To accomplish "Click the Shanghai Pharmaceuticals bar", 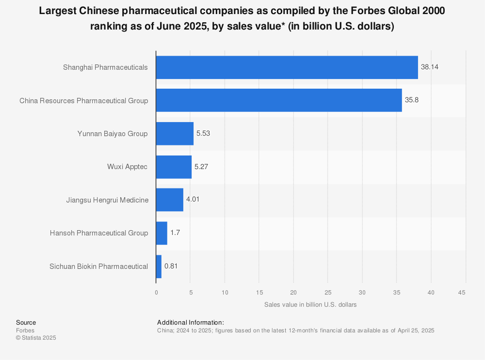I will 287,67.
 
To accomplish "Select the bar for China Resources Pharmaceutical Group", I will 279,100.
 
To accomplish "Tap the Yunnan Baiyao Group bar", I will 175,134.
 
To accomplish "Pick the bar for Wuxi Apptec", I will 174,167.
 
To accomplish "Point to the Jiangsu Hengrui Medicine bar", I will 170,200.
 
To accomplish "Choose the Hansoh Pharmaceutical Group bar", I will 162,233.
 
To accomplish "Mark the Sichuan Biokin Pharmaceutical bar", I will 159,266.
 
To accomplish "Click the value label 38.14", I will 430,67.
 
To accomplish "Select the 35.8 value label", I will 412,100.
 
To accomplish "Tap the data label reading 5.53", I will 204,134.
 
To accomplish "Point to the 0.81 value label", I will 172,266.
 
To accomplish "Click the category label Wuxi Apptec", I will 128,167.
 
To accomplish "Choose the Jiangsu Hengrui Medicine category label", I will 107,200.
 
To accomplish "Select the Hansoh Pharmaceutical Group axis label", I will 99,233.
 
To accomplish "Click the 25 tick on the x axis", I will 327,292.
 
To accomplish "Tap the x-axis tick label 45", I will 462,292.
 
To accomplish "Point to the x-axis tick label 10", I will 225,292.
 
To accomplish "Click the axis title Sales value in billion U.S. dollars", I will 310,305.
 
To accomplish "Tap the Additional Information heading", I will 191,322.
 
